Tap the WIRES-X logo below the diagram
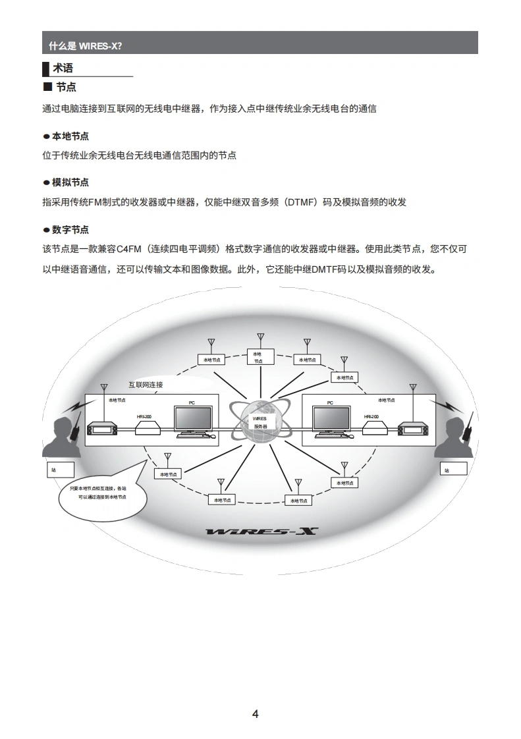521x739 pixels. tap(261, 531)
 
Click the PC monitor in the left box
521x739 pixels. tap(193, 420)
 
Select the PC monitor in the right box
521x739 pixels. tap(331, 420)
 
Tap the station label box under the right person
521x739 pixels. tap(453, 469)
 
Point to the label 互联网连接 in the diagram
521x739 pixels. tap(145, 385)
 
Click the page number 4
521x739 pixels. tap(256, 714)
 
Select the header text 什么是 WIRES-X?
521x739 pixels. tap(86, 46)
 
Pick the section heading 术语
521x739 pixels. tap(63, 68)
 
